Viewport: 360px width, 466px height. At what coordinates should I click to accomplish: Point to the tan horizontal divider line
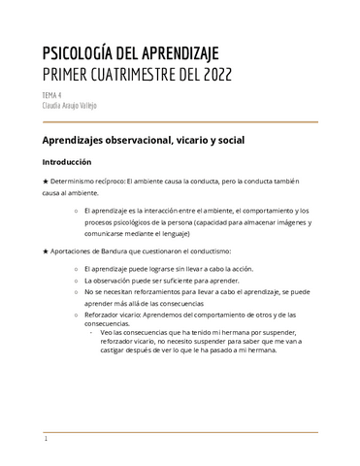pos(180,123)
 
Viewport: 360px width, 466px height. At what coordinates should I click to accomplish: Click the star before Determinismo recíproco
pos(46,181)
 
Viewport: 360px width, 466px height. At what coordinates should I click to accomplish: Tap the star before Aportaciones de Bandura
pos(46,251)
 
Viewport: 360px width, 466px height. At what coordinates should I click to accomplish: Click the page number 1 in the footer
pos(46,439)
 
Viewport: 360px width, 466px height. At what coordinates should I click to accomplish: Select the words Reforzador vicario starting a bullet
pos(110,315)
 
